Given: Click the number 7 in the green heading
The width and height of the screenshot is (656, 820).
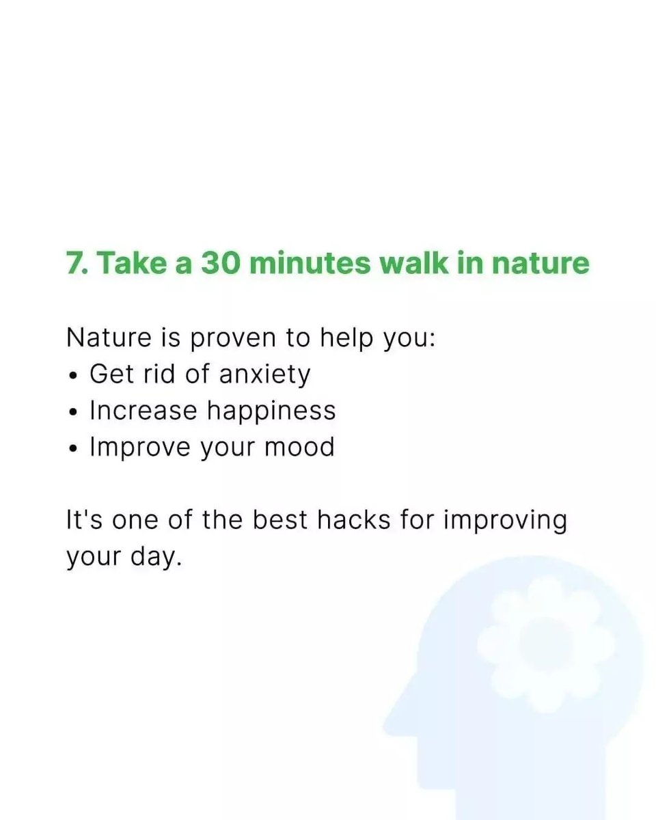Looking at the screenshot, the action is pyautogui.click(x=74, y=263).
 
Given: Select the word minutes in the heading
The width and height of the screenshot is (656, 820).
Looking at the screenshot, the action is pyautogui.click(x=310, y=263).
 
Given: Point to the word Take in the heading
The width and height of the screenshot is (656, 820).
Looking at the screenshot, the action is pyautogui.click(x=133, y=262).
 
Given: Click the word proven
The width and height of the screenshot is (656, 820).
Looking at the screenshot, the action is pyautogui.click(x=233, y=338).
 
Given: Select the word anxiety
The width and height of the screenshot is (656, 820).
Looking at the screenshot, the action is pyautogui.click(x=265, y=374).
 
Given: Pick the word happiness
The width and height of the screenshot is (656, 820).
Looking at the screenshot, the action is pyautogui.click(x=271, y=411).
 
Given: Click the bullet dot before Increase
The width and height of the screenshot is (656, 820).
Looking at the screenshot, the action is pyautogui.click(x=73, y=412).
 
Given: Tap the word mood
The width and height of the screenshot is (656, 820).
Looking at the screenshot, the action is pyautogui.click(x=299, y=447).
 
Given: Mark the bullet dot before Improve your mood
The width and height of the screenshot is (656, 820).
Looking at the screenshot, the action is pyautogui.click(x=73, y=449).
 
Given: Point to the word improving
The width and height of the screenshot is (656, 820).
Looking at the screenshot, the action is pyautogui.click(x=505, y=521).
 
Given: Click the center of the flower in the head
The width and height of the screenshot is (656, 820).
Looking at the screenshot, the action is pyautogui.click(x=547, y=644).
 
